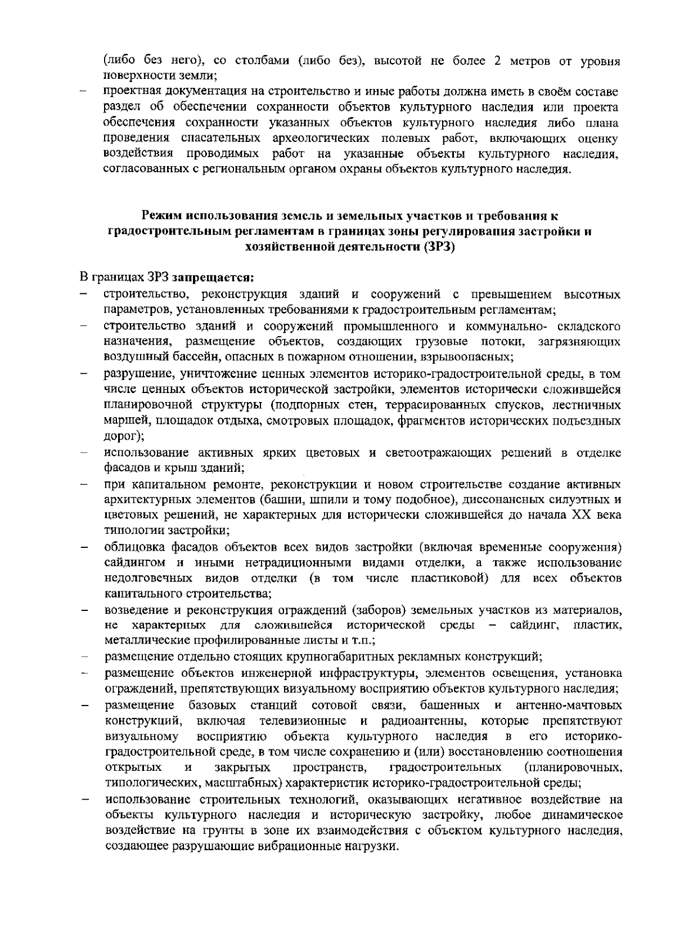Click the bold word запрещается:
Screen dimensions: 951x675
point(214,278)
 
